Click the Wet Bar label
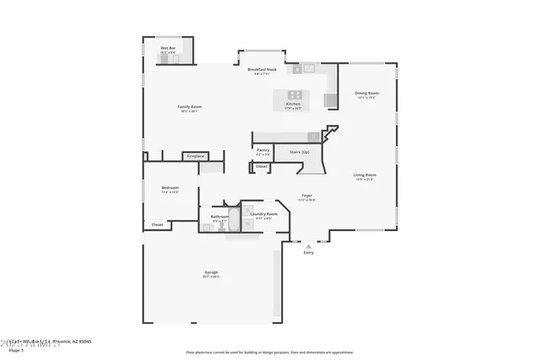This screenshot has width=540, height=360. [x=168, y=48]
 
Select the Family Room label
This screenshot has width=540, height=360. [x=188, y=107]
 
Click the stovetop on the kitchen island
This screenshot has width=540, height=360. [x=295, y=94]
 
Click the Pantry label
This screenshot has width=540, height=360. [x=263, y=150]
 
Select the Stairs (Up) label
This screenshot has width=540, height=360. [x=300, y=153]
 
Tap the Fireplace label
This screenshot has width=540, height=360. [x=195, y=156]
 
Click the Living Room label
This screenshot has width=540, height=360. [x=364, y=175]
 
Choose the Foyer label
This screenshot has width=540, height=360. [x=307, y=196]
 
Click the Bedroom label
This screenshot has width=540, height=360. [x=170, y=188]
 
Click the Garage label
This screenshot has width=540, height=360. [x=211, y=272]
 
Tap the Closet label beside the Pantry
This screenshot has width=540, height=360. [x=262, y=167]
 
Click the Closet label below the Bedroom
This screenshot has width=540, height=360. [x=157, y=224]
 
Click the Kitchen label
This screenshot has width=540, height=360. [x=294, y=105]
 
